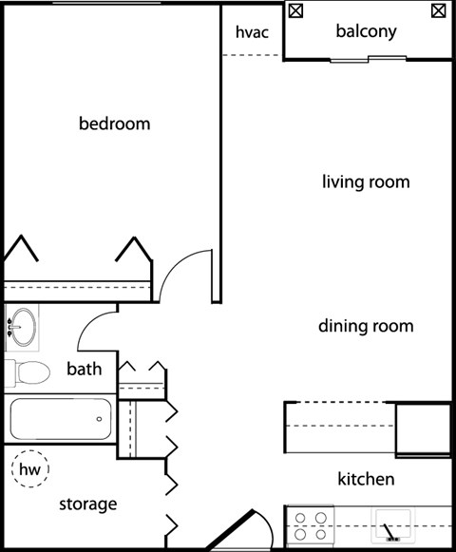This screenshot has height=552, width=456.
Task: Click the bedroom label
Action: point(114,124)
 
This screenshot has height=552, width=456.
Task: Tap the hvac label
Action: point(252,32)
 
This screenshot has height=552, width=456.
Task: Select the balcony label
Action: point(366,31)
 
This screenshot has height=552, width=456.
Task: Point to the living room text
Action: point(366,182)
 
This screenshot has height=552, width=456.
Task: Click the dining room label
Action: point(366,326)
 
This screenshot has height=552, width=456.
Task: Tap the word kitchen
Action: point(366,479)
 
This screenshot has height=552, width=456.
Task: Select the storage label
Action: point(88,504)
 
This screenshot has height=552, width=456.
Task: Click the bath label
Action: point(85,369)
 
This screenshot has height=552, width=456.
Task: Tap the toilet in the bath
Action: point(28,372)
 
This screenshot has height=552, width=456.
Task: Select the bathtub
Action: point(61,419)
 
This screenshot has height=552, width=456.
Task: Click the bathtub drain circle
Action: point(100,419)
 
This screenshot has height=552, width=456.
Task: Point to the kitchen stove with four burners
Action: point(311,526)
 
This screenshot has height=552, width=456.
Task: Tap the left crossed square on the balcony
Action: point(295,10)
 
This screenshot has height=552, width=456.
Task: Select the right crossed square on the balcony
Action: point(438,10)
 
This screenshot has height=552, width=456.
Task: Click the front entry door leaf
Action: point(231,530)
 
